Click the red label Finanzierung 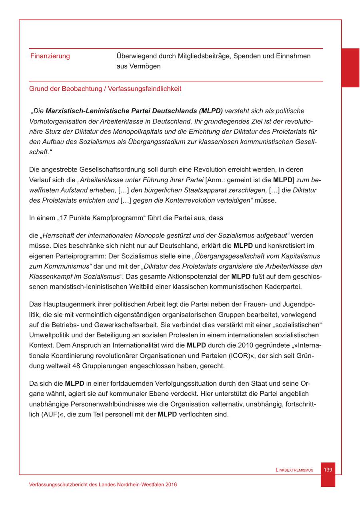[50, 56]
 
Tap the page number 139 [328, 470]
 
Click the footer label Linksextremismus [295, 470]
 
